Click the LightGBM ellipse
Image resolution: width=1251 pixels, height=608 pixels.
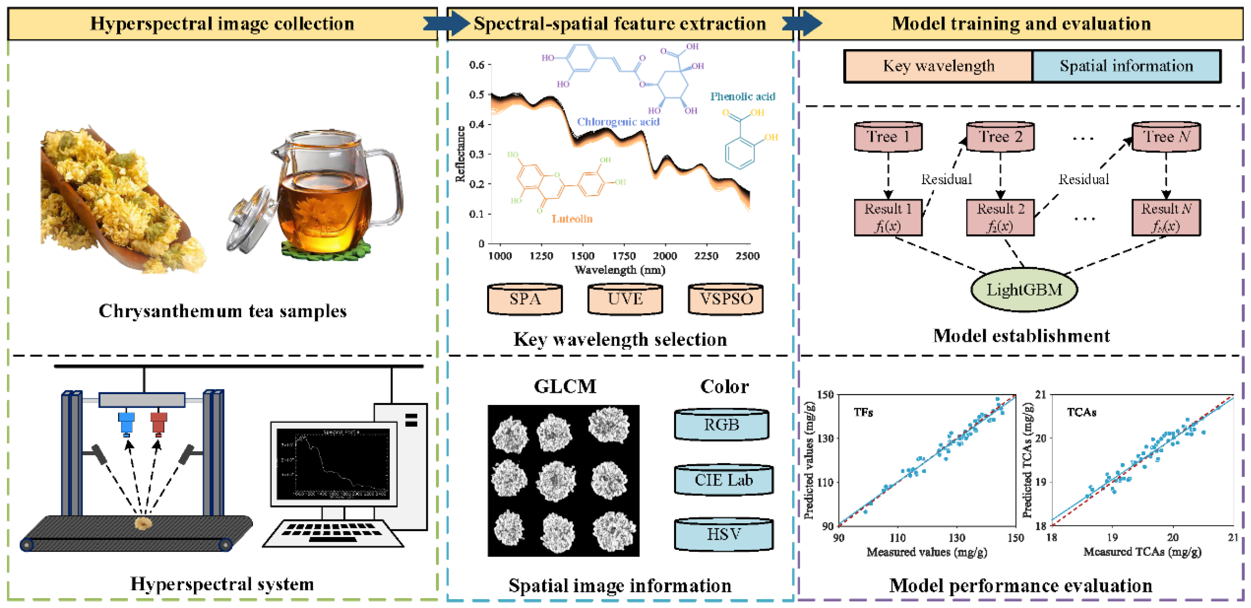[x=1024, y=290]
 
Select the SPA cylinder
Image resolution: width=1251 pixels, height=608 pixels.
[x=525, y=299]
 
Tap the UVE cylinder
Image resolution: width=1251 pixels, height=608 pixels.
[x=625, y=299]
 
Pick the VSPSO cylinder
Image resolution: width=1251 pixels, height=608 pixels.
[x=726, y=299]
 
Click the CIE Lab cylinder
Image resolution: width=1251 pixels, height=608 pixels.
[x=724, y=480]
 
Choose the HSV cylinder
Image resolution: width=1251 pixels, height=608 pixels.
[x=724, y=535]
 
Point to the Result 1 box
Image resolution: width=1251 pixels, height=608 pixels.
[x=888, y=217]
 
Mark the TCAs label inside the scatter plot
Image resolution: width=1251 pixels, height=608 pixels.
[x=1082, y=412]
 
